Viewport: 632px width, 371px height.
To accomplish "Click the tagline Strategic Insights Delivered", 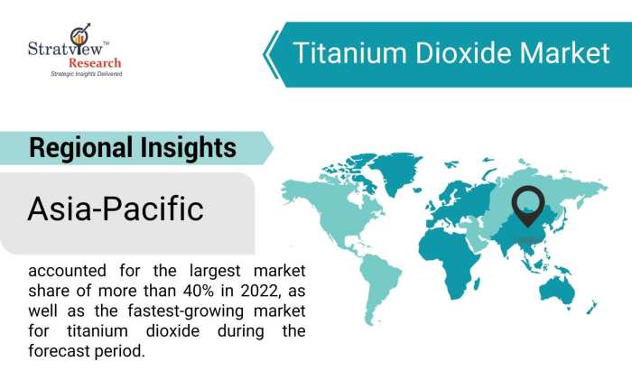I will point(85,74).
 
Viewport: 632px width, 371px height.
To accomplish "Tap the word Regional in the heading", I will point(80,148).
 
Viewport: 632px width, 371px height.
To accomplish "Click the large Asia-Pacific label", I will point(116,209).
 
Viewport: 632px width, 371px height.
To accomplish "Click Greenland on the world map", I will point(392,164).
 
